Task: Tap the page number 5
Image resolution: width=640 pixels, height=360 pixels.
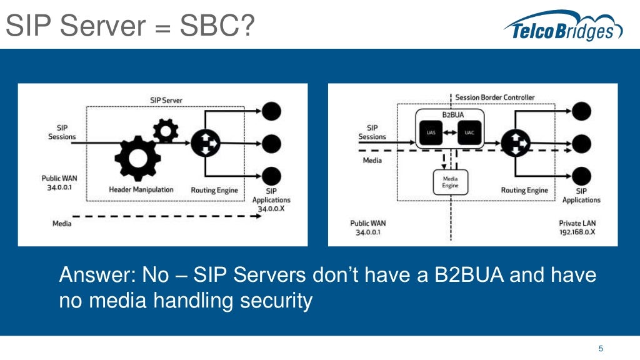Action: tap(601, 348)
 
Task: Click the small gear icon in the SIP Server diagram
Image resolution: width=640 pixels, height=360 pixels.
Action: tap(166, 130)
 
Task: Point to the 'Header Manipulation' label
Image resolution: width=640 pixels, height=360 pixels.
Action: tap(141, 189)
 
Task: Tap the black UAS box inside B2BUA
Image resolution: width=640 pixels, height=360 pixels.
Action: tap(430, 132)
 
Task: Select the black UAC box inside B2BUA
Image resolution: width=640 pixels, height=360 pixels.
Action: tap(469, 132)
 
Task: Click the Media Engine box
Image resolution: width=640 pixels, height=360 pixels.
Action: tap(450, 182)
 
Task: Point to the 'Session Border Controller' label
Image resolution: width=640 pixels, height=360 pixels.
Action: tap(494, 97)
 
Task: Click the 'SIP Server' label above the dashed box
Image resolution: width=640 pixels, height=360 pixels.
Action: tap(166, 100)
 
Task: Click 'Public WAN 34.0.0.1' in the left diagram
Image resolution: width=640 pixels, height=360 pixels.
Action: tap(60, 182)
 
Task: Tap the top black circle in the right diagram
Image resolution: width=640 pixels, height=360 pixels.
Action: tap(581, 111)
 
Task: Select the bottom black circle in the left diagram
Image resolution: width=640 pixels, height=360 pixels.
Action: tap(271, 176)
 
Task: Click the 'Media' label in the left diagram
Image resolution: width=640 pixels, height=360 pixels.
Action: tap(62, 222)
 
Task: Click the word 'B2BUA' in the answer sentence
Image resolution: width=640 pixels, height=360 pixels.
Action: tap(470, 275)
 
